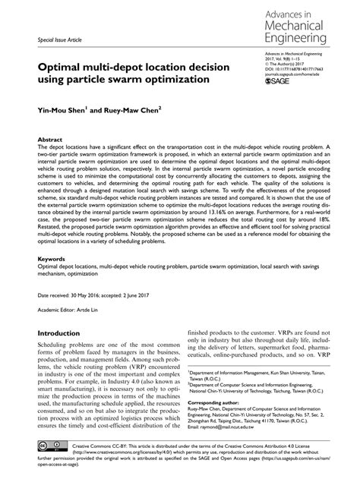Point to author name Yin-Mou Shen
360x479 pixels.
click(x=63, y=111)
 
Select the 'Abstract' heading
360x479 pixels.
click(x=50, y=140)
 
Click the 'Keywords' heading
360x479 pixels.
click(x=52, y=259)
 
